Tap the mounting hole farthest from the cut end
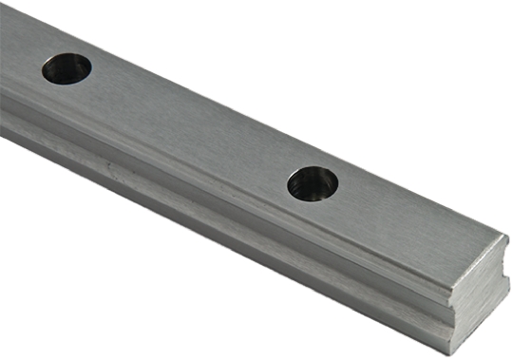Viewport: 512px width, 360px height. (x=66, y=68)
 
